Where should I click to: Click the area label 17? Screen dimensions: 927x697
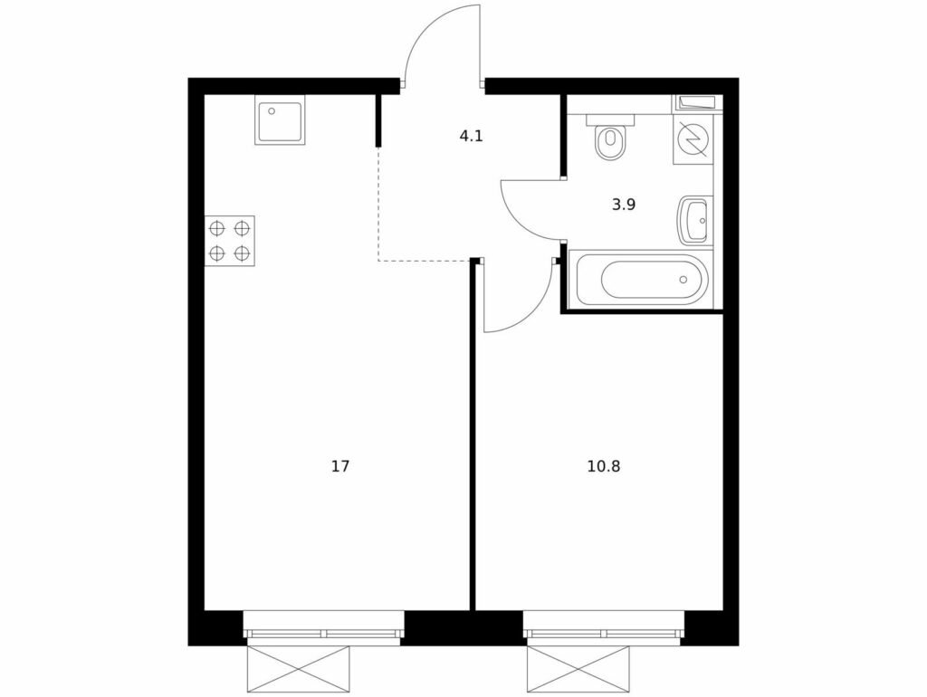click(340, 466)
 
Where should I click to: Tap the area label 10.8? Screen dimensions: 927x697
click(603, 466)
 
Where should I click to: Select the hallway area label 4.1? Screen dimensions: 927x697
click(471, 137)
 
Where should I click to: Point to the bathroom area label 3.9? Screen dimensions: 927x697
click(623, 205)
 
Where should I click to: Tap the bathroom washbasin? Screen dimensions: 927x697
click(693, 220)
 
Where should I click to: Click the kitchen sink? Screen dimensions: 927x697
click(281, 119)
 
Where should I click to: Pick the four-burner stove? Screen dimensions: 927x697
click(230, 241)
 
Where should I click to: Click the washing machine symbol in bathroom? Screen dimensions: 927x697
click(693, 138)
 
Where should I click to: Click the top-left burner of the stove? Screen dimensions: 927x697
click(217, 227)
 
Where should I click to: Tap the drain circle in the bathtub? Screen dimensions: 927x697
click(684, 280)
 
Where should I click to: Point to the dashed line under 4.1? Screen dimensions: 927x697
click(424, 260)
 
